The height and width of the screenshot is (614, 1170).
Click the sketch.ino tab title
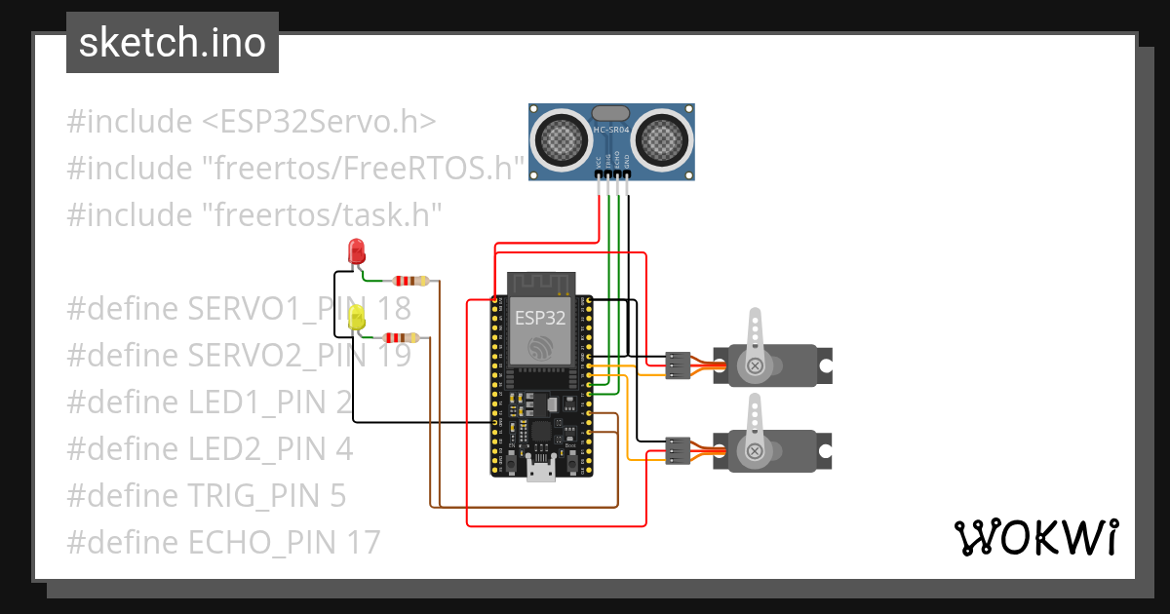click(x=172, y=43)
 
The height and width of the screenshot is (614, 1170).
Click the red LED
click(x=357, y=250)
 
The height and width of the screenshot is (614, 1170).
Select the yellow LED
click(x=357, y=317)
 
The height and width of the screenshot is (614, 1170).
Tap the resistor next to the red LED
click(x=409, y=281)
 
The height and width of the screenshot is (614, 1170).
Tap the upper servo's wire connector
click(x=678, y=365)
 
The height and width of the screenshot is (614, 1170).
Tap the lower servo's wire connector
click(x=678, y=450)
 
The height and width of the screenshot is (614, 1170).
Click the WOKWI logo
click(x=1034, y=538)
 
